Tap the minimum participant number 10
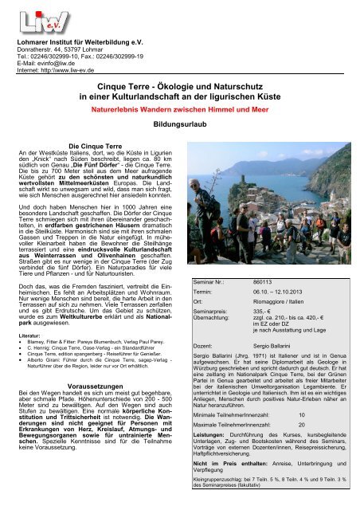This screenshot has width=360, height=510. (x=301, y=437)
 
